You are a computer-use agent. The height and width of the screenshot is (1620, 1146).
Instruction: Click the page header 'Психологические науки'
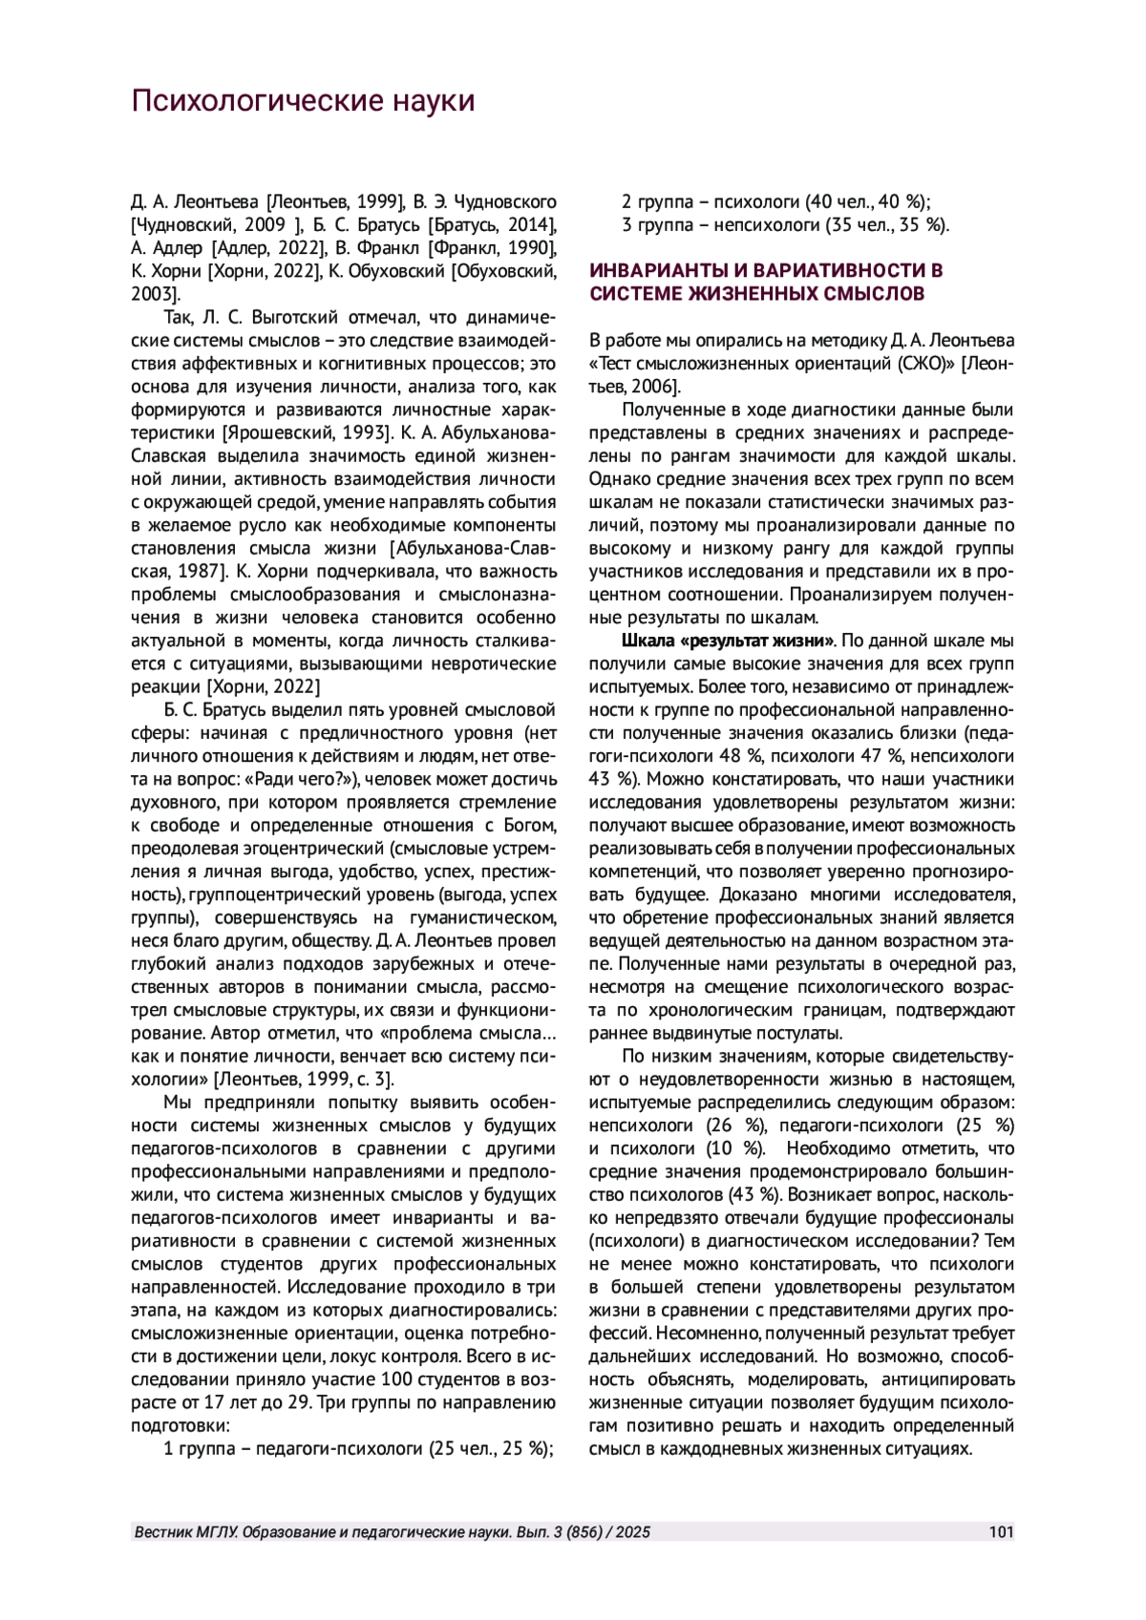[303, 100]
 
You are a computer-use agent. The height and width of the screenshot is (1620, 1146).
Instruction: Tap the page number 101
[1001, 1532]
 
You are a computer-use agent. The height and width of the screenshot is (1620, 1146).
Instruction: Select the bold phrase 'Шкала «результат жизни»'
[729, 640]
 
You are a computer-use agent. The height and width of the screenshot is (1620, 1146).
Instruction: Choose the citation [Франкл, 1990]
[492, 248]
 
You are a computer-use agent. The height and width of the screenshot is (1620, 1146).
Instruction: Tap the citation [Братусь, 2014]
[492, 225]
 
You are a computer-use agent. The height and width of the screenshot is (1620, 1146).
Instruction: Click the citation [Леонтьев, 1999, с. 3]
[303, 1080]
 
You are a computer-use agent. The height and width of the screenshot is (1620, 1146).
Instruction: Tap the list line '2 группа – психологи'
[775, 201]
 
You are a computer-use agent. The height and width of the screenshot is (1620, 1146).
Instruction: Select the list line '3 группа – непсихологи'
[785, 225]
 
